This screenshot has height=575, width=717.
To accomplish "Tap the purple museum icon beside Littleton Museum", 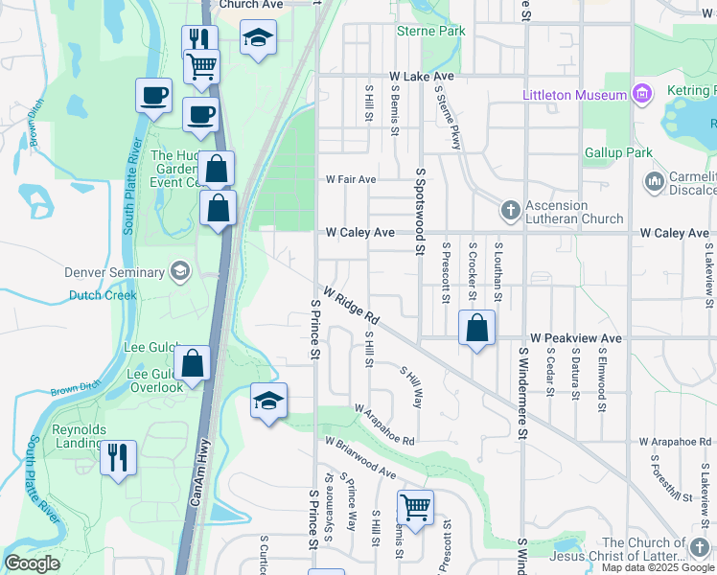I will point(641,94).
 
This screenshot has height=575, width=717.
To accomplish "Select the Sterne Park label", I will point(431,31).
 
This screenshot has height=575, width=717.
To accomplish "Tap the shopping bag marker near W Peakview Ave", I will point(476,329).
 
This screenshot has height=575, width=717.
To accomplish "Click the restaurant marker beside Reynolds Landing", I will point(119,456).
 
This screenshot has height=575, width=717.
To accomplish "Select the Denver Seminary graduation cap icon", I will point(178,272).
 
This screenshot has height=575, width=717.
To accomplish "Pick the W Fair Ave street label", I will point(350,179).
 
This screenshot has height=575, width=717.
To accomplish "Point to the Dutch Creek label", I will point(103,295).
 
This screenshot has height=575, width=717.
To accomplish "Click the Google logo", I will point(32,563).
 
